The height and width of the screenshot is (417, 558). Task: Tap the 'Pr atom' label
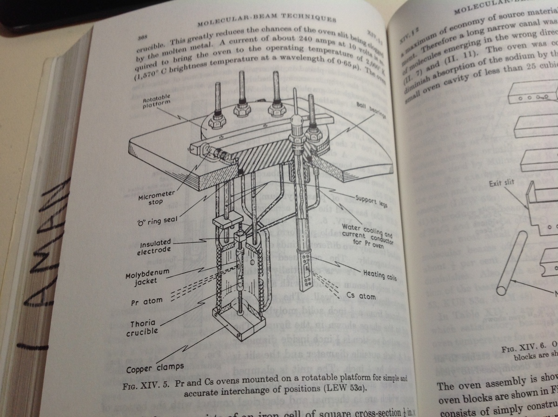click(146, 302)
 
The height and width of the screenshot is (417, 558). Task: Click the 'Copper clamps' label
click(154, 368)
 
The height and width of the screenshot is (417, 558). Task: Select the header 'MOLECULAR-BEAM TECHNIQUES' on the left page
click(266, 20)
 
